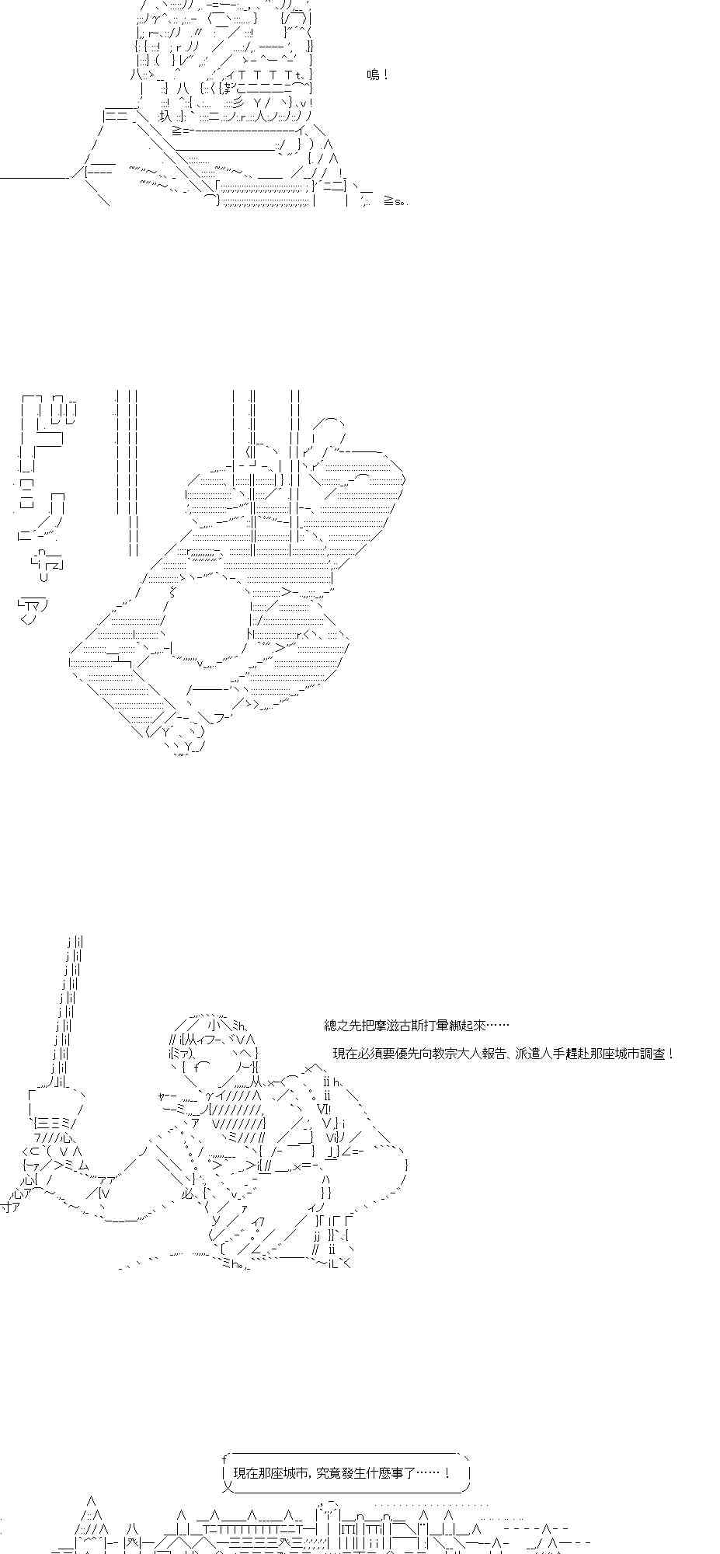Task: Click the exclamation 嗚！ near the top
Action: click(x=377, y=75)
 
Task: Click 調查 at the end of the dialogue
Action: click(x=655, y=1054)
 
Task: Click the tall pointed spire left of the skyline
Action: click(x=91, y=1523)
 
